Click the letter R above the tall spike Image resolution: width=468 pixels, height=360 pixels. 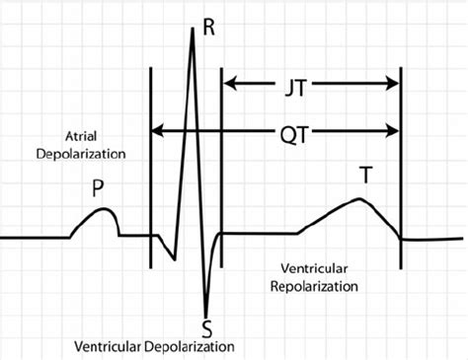(208, 26)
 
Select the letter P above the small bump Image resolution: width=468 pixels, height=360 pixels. (98, 188)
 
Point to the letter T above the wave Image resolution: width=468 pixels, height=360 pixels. (365, 176)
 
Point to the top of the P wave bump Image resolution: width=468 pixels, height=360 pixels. (99, 209)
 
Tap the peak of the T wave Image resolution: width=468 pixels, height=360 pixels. (360, 199)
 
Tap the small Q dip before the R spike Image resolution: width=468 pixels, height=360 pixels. (173, 259)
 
